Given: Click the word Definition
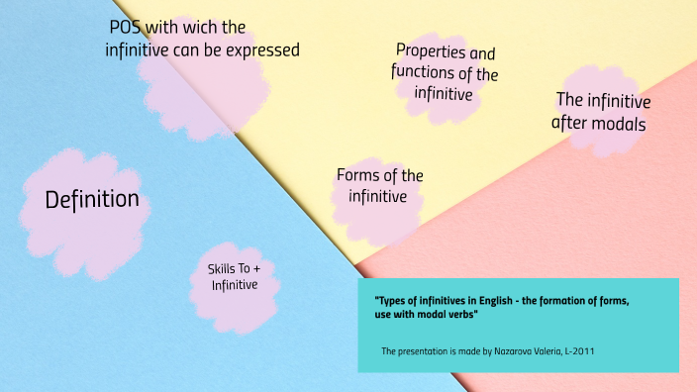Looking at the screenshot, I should (x=92, y=200).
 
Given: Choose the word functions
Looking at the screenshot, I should (x=425, y=73).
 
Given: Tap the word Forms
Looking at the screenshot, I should (x=358, y=175).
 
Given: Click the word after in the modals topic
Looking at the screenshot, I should (x=569, y=125).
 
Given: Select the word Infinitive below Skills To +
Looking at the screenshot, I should (x=235, y=285).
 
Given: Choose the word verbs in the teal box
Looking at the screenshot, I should (x=461, y=314).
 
